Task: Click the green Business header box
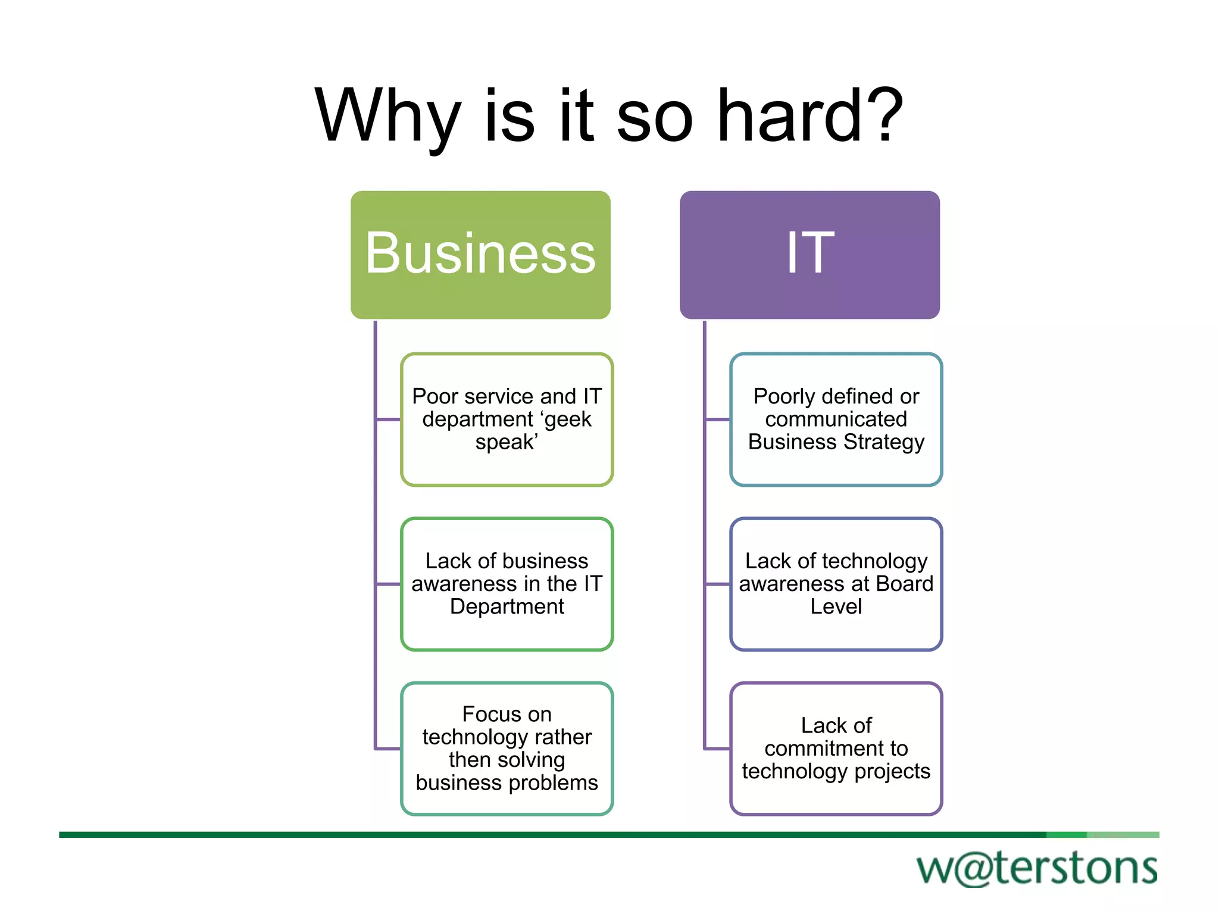[x=480, y=255]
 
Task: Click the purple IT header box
[x=809, y=255]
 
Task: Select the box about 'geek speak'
[x=507, y=420]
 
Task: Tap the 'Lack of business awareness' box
[x=507, y=584]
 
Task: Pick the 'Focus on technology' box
[x=507, y=749]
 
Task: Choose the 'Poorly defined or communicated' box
[x=836, y=420]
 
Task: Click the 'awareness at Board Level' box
[x=836, y=584]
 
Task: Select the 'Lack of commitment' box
[x=836, y=749]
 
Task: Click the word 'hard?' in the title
[x=811, y=116]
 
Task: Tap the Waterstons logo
[x=1037, y=868]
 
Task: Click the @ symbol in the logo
[x=976, y=869]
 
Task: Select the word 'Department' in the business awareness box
[x=507, y=607]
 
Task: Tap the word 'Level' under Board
[x=836, y=607]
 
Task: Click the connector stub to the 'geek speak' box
[x=389, y=420]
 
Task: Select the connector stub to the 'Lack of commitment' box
[x=717, y=749]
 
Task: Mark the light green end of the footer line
[x=1123, y=835]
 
